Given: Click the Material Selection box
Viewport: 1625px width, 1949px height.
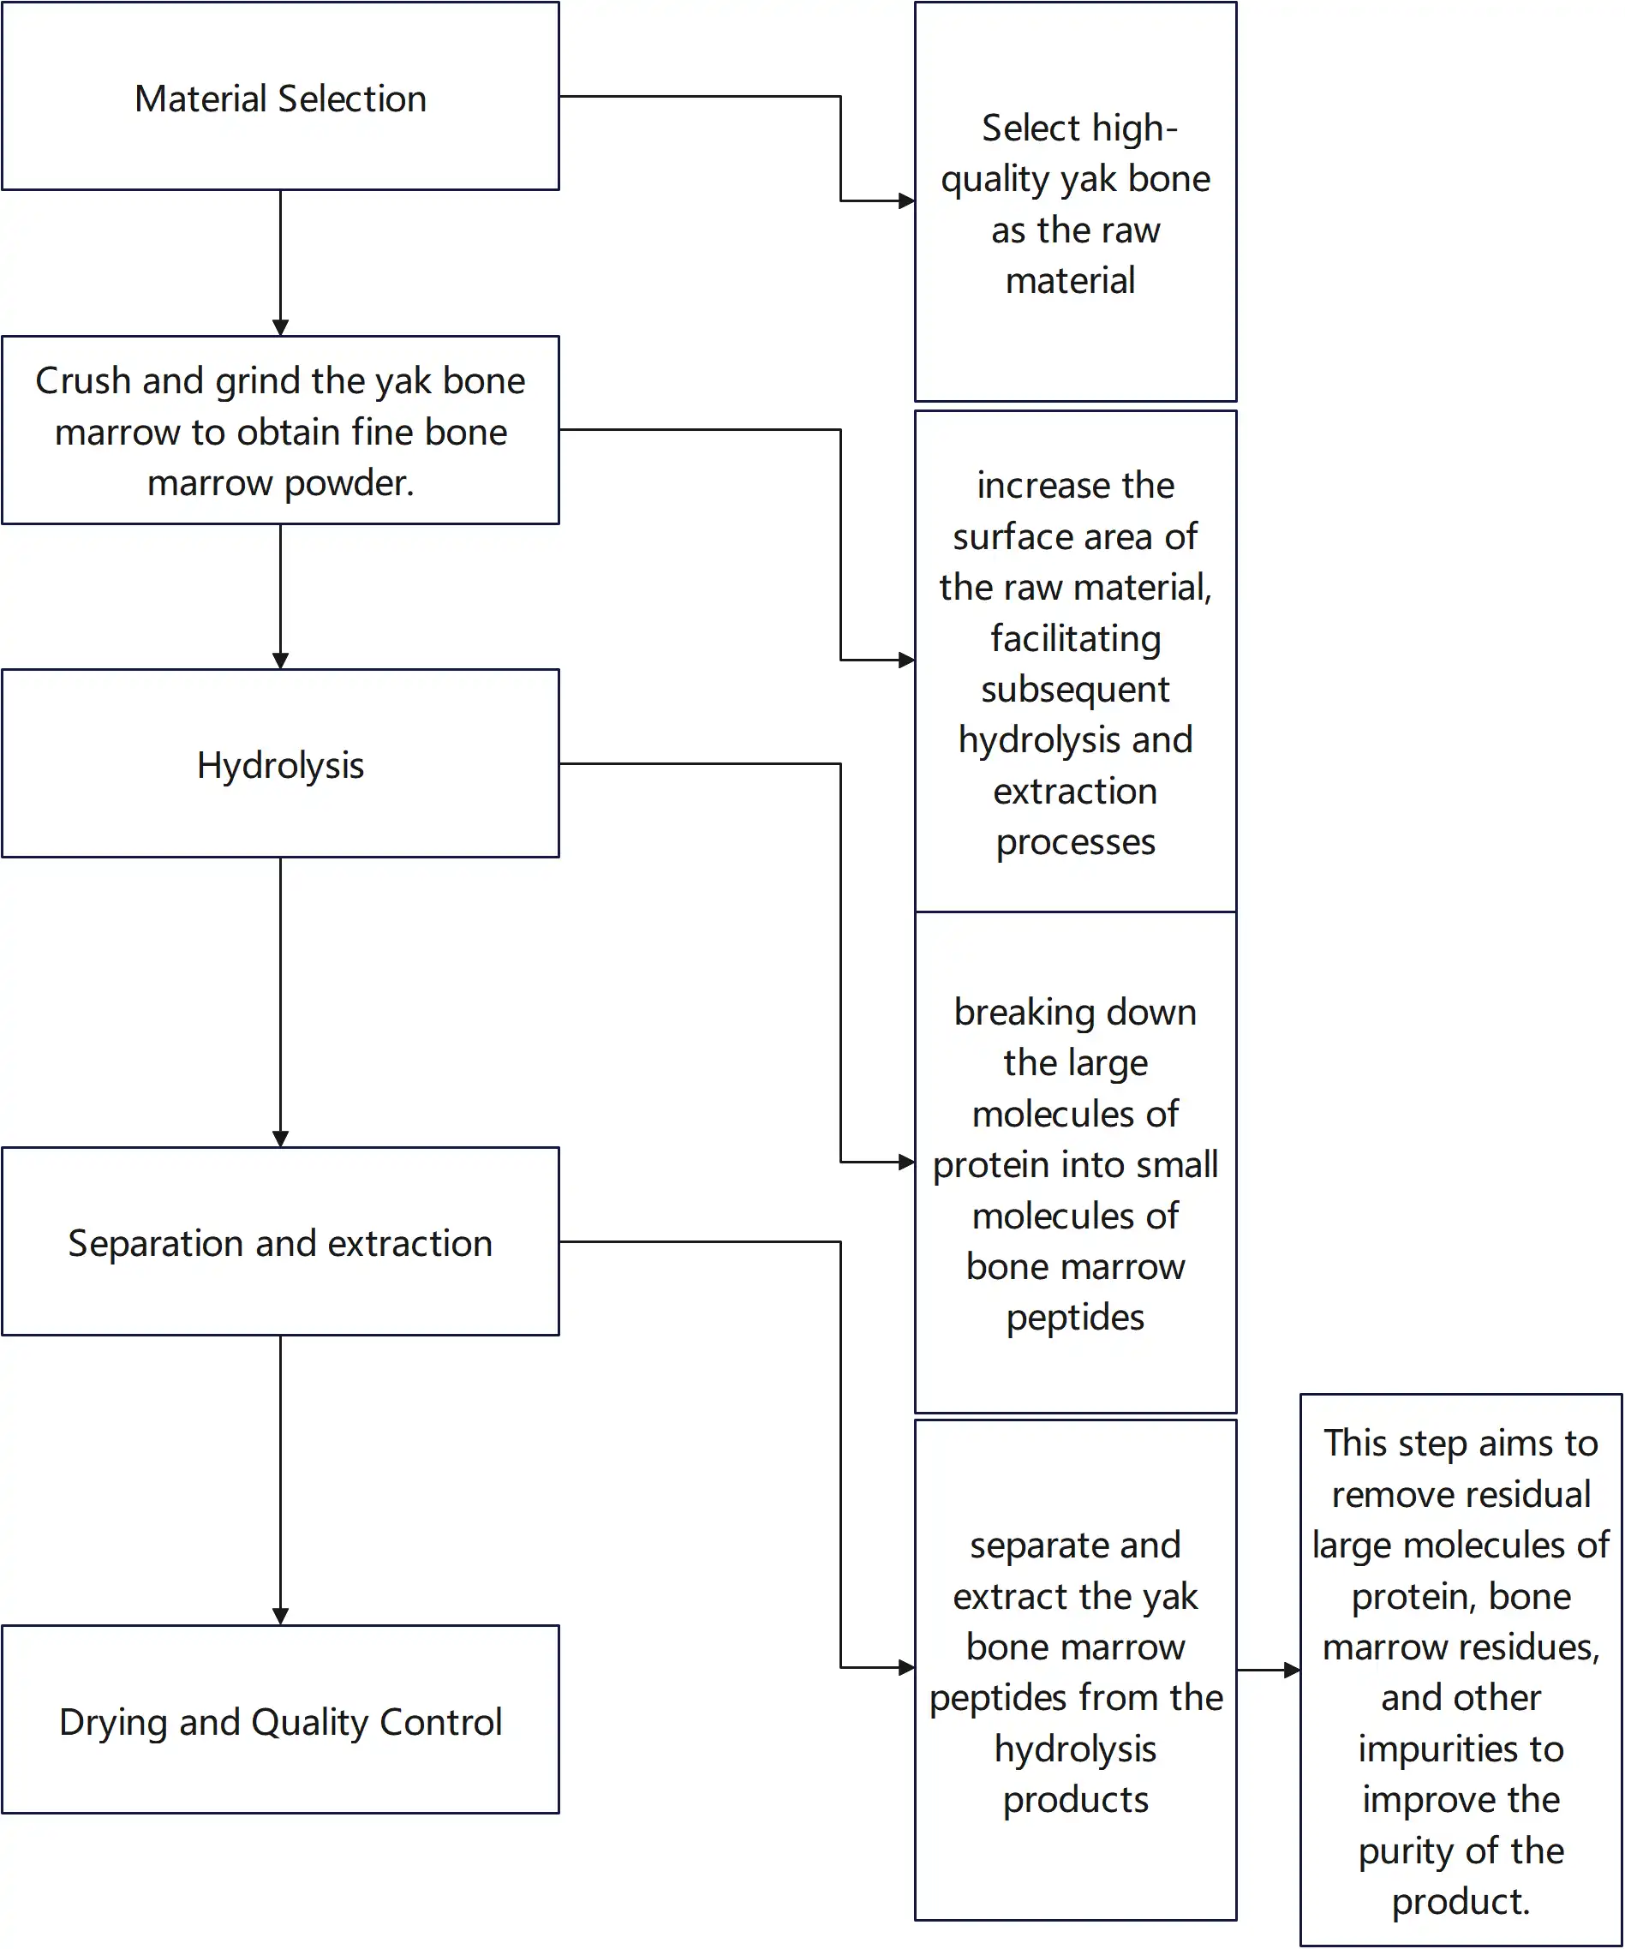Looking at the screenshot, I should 280,98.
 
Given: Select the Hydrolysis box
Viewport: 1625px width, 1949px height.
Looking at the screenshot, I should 280,765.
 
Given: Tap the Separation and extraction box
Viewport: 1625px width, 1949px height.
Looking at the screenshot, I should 280,1243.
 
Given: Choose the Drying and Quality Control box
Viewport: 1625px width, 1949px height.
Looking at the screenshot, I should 280,1722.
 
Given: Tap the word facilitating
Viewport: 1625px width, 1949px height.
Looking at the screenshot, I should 1076,638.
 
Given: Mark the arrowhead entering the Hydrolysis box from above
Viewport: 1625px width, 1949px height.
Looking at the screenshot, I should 280,661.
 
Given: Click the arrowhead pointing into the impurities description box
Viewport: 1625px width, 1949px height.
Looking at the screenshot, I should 1292,1670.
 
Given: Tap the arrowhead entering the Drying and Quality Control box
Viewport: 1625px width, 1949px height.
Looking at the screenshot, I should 280,1617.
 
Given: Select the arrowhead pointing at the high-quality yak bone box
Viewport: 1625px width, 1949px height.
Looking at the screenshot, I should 906,200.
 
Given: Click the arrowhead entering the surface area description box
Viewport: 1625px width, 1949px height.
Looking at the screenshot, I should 906,660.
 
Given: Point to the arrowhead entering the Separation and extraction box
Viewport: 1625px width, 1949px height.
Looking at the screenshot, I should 280,1139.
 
